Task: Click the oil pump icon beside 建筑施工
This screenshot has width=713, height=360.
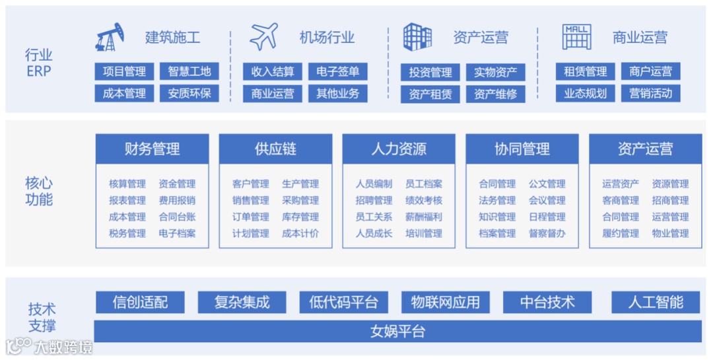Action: (110, 37)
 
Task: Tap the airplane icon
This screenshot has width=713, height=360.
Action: (263, 37)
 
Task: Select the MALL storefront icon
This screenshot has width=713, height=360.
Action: (576, 37)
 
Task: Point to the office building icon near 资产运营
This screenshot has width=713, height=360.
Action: (417, 37)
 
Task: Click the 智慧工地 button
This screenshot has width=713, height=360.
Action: (189, 71)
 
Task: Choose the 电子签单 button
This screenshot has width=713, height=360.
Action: (337, 71)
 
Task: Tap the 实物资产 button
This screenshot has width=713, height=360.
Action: (495, 72)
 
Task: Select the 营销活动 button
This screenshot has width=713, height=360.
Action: (650, 93)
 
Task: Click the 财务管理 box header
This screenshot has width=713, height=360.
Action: (152, 149)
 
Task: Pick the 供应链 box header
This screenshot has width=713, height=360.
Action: (275, 149)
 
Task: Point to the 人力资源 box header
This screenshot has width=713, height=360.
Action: (399, 149)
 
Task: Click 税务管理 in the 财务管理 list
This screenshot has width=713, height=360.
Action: (127, 233)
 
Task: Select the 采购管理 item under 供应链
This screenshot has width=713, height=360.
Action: (300, 200)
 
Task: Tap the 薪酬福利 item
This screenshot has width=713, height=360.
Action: (424, 217)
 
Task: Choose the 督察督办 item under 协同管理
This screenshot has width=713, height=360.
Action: (547, 233)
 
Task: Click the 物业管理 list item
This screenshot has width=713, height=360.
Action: (670, 233)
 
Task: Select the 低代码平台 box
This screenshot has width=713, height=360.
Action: (343, 303)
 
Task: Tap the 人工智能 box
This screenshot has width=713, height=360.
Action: (656, 303)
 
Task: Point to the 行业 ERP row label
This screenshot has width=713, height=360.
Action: (39, 63)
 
